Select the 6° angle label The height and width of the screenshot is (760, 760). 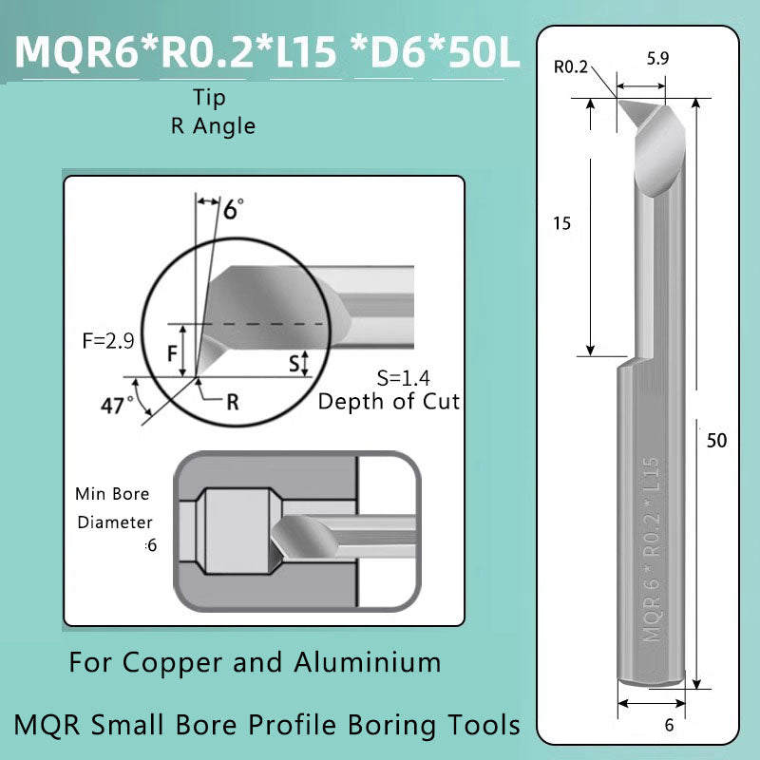[x=232, y=209]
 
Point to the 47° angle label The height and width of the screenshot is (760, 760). [x=118, y=405]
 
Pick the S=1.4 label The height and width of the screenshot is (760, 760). [x=390, y=377]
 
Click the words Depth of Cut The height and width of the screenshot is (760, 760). [x=389, y=401]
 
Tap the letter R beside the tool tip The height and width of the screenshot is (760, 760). [x=232, y=402]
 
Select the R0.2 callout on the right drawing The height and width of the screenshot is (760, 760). [x=571, y=66]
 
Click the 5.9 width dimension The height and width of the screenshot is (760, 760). [x=657, y=59]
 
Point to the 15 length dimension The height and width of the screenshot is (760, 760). [x=561, y=223]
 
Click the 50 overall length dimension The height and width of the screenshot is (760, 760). [x=716, y=441]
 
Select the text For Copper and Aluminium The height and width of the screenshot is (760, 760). [x=255, y=662]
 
